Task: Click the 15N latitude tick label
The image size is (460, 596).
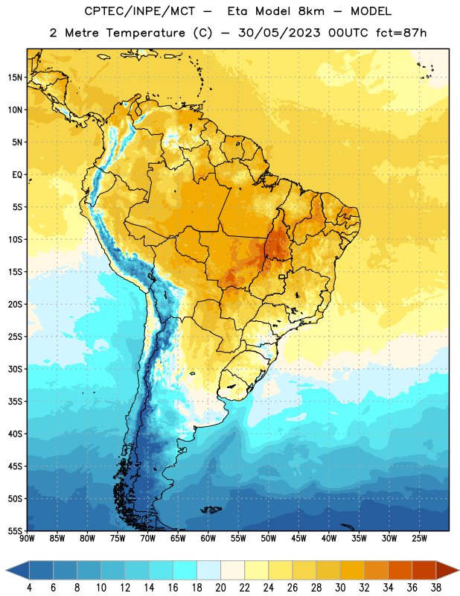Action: click(15, 77)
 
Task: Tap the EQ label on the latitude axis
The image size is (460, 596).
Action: click(17, 175)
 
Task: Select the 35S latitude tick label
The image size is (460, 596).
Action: click(15, 402)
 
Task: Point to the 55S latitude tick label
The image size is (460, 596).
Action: click(15, 530)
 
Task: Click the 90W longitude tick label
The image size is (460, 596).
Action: click(27, 539)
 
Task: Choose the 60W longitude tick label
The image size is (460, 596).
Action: click(208, 539)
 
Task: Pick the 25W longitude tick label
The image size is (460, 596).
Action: click(419, 539)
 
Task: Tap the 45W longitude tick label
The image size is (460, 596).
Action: click(298, 539)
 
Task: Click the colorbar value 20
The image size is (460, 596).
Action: click(220, 588)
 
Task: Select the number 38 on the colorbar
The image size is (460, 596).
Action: click(436, 588)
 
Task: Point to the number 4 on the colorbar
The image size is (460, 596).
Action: click(29, 588)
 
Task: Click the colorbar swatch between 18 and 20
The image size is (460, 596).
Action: click(209, 570)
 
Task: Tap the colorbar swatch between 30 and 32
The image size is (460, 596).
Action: click(353, 570)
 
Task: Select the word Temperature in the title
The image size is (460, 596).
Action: click(146, 33)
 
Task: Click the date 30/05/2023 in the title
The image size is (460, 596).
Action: click(279, 33)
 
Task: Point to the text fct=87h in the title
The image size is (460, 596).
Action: click(401, 33)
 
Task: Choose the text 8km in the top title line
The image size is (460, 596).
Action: click(311, 11)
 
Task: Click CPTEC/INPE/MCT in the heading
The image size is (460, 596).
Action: click(139, 11)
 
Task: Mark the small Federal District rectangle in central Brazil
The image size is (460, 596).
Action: click(282, 276)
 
